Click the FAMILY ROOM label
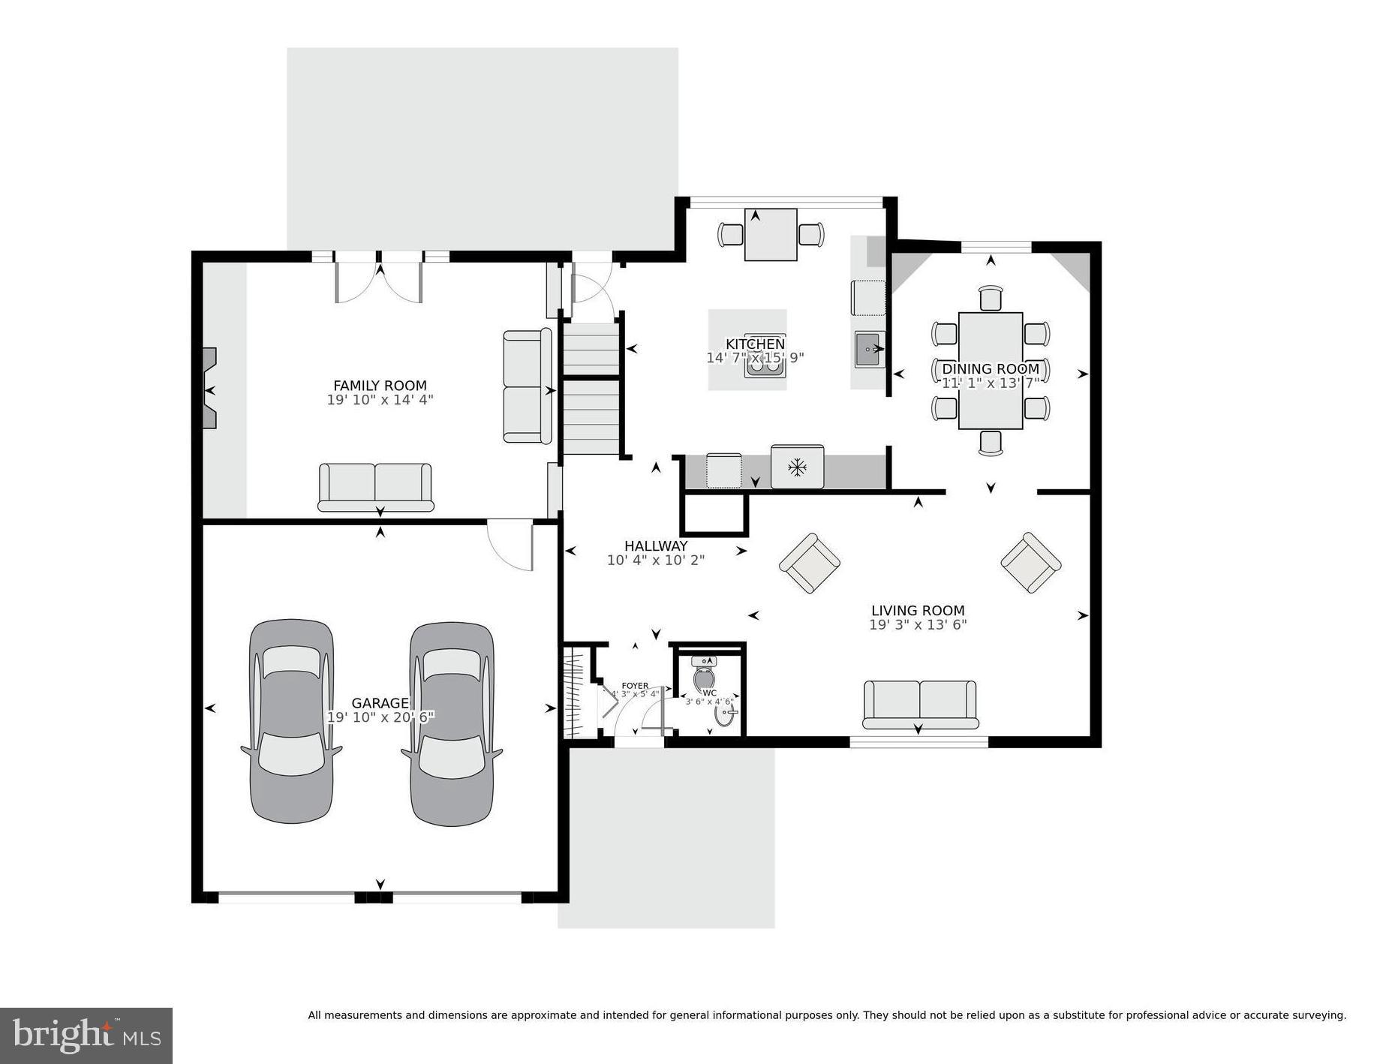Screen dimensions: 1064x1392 tap(380, 386)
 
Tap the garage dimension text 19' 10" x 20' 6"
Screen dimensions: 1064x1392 tap(380, 717)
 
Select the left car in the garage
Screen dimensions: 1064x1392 tap(292, 721)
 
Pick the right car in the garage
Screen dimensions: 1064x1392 tap(452, 723)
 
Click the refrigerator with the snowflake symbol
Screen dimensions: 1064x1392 tap(796, 467)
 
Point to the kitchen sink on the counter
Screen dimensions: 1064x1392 tap(869, 350)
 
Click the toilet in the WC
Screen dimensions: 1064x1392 tap(705, 675)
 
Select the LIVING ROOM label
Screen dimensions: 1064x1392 tap(917, 611)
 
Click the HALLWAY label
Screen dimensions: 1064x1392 tap(655, 546)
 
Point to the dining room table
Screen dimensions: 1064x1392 tap(990, 371)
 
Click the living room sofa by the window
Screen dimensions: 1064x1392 tap(920, 704)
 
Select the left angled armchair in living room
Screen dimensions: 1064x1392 tap(809, 563)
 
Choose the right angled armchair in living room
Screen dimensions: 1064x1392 tap(1030, 563)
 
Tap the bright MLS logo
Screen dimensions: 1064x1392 tap(86, 1035)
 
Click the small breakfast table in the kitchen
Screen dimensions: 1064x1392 tap(770, 235)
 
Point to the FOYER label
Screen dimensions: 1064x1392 tap(635, 686)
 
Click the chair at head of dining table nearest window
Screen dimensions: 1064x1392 tap(991, 299)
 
